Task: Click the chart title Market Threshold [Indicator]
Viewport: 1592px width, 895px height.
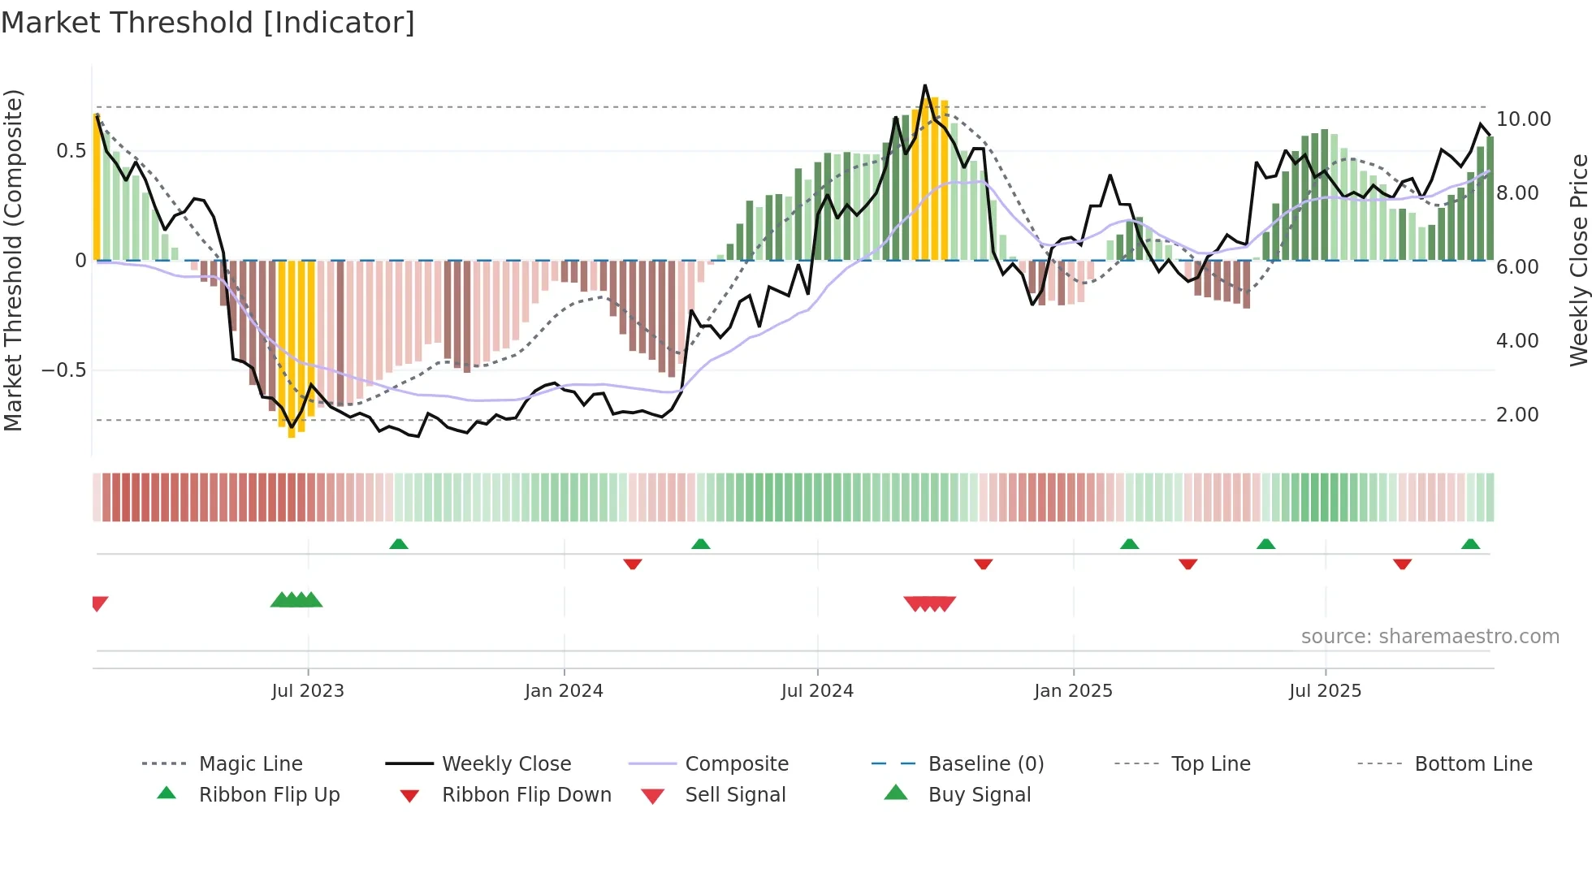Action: (x=208, y=23)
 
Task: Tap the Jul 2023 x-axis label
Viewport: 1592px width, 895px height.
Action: (x=308, y=691)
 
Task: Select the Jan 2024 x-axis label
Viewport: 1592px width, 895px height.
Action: (x=564, y=691)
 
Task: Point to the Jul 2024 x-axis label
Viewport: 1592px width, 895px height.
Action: (x=817, y=691)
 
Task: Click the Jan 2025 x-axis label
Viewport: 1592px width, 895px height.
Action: (x=1073, y=691)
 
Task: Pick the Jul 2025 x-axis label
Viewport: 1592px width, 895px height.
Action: (x=1325, y=691)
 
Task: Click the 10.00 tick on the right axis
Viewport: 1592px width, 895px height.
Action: (x=1523, y=119)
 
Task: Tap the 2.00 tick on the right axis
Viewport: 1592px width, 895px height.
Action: (x=1517, y=415)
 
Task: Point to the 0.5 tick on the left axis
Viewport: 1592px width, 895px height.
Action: (x=71, y=151)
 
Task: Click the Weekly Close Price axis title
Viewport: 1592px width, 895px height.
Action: (x=1578, y=260)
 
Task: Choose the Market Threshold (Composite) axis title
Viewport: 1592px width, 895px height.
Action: (x=13, y=260)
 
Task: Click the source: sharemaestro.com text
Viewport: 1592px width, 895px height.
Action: (x=1430, y=637)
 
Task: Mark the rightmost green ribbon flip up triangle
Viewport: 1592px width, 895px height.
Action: (x=1470, y=544)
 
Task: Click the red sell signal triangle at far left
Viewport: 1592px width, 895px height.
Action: (x=99, y=603)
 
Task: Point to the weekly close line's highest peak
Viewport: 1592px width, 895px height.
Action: (x=924, y=85)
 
